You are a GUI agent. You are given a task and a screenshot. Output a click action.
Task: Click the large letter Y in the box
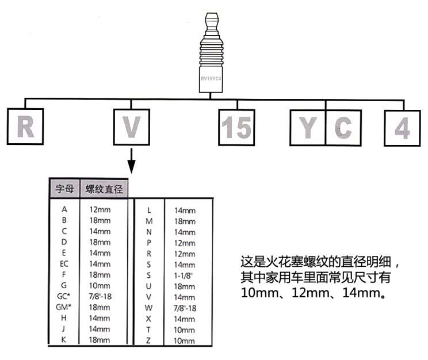click(308, 128)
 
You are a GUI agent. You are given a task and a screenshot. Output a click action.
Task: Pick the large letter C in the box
click(343, 128)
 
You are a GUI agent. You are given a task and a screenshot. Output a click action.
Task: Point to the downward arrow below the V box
click(132, 161)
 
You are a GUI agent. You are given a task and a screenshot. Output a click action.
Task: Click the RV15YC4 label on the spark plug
click(211, 79)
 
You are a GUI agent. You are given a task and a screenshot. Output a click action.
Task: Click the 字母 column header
click(64, 189)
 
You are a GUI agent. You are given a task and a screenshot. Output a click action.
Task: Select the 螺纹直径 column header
click(104, 189)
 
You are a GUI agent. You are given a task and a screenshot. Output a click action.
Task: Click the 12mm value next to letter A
click(100, 209)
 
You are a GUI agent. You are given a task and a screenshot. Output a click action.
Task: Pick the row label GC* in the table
click(64, 296)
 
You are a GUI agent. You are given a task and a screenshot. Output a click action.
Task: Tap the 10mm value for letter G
click(100, 285)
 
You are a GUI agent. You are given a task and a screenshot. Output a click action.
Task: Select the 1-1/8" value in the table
click(183, 275)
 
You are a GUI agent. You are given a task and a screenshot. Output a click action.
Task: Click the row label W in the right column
click(148, 308)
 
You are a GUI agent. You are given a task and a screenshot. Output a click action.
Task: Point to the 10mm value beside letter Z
click(184, 340)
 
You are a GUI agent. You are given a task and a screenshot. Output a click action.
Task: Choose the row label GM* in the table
click(63, 307)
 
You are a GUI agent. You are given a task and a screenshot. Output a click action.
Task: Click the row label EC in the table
click(64, 263)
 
